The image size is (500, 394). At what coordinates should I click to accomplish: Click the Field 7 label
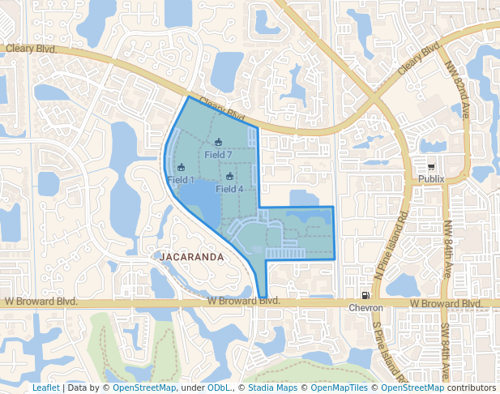pos(219,154)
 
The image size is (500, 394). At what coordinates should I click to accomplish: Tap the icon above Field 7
pos(219,143)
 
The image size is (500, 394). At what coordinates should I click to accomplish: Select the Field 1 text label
pos(181,179)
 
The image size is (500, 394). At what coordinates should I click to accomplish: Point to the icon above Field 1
pos(181,168)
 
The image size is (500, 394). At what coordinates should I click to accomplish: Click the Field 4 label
pos(230,188)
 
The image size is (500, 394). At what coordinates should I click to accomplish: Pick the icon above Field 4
pos(230,177)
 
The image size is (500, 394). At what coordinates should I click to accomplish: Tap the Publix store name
pos(432,179)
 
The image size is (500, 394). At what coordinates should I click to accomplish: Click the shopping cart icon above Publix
pos(431,167)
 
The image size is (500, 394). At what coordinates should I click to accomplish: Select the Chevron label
pos(365,308)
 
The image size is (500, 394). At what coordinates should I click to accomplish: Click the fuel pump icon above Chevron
pos(365,296)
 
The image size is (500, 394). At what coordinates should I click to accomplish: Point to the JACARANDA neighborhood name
pos(191,256)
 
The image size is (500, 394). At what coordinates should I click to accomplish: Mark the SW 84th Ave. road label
pos(446,350)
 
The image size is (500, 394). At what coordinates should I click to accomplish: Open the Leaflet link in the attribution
pos(45,388)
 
